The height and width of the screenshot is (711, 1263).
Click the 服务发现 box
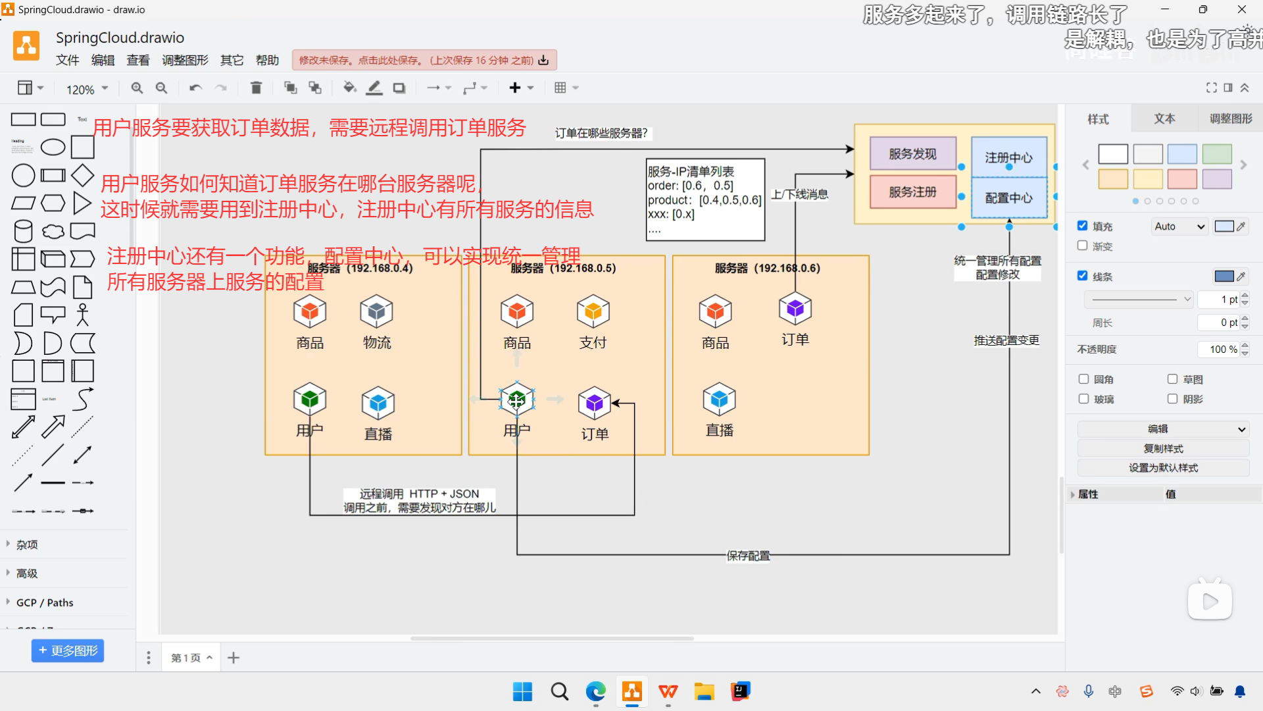(x=912, y=153)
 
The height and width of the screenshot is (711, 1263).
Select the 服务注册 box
(x=912, y=192)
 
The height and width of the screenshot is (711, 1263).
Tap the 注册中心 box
(x=1008, y=157)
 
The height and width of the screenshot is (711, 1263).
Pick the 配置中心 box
(x=1008, y=197)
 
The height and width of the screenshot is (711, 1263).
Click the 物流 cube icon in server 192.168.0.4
(x=376, y=311)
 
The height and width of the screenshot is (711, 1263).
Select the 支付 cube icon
(x=593, y=311)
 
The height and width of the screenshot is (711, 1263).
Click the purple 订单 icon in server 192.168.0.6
(x=795, y=308)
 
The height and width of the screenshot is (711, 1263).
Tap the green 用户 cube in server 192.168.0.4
(x=310, y=399)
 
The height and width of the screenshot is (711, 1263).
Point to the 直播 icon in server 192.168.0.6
(x=719, y=399)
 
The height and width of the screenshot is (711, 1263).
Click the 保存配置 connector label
(x=748, y=556)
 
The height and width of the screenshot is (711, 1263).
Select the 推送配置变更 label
(x=1006, y=340)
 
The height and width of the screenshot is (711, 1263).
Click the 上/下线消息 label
(x=799, y=194)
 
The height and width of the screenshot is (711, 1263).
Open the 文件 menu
(x=67, y=61)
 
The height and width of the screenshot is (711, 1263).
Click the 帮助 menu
(x=267, y=61)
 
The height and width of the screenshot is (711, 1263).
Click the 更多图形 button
(x=68, y=650)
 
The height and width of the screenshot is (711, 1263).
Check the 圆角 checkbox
(x=1084, y=379)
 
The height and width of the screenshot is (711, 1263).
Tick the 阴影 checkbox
(x=1172, y=399)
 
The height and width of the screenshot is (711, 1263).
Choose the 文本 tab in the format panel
(x=1164, y=118)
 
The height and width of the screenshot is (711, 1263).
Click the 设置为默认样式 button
(x=1163, y=468)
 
